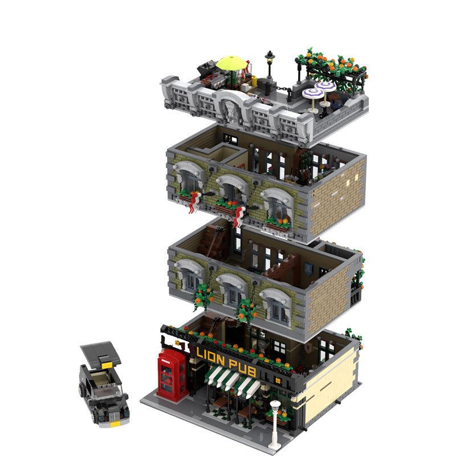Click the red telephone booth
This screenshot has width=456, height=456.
click(172, 375)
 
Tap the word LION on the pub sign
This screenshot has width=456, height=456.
click(210, 357)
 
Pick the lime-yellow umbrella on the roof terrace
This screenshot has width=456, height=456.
click(231, 63)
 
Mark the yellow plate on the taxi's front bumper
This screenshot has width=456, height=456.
click(115, 424)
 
